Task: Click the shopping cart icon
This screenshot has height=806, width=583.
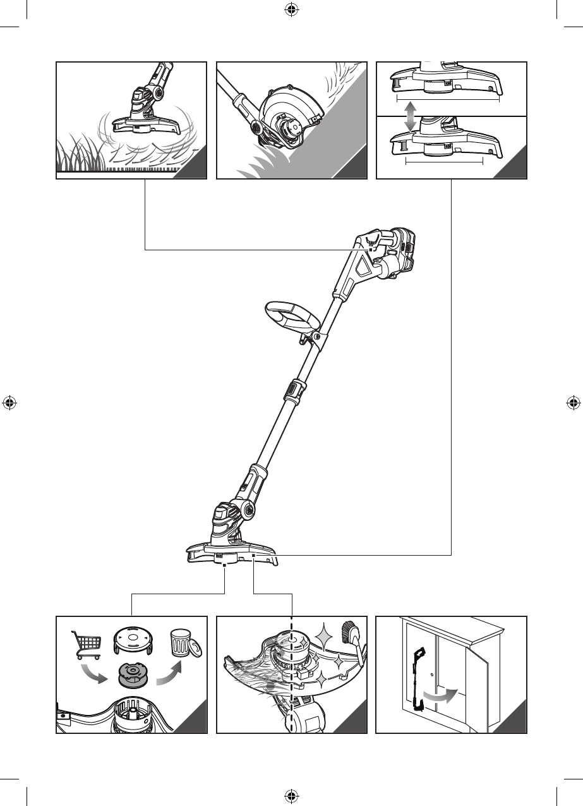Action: (87, 644)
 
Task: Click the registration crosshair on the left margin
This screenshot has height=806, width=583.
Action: (9, 403)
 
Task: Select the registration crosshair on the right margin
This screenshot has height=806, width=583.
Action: (574, 403)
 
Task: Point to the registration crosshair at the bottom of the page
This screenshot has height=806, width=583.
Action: (291, 795)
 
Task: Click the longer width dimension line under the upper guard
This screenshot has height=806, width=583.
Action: (448, 99)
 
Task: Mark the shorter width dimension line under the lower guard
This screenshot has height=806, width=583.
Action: (443, 162)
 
